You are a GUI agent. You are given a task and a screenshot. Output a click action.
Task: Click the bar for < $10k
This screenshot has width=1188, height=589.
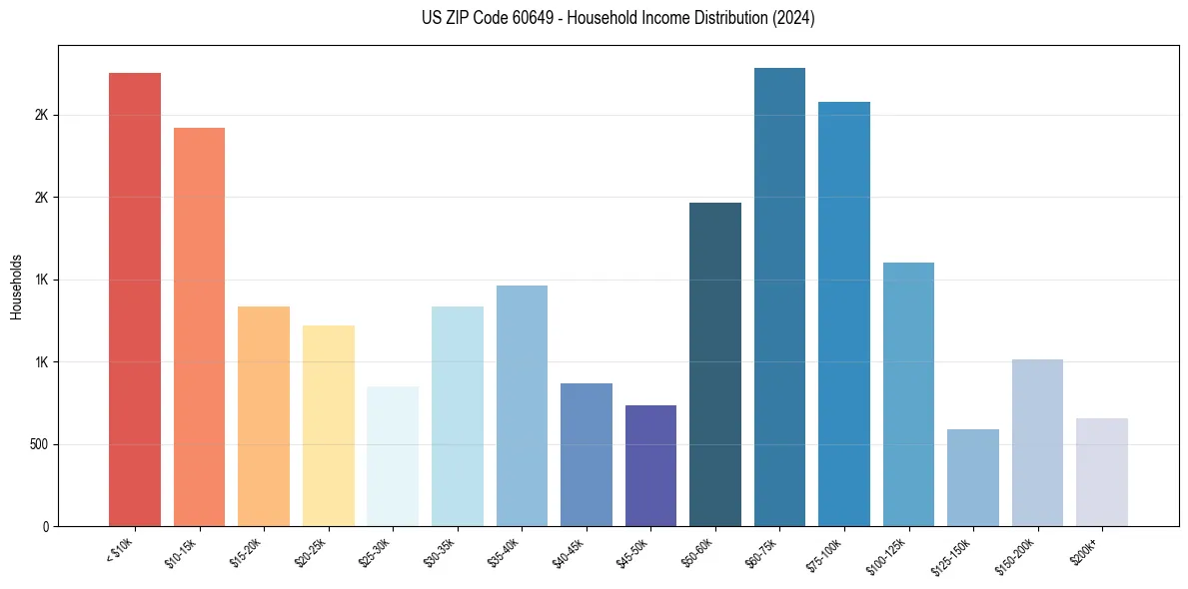pos(135,299)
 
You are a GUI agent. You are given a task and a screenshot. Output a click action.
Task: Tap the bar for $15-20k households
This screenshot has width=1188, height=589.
pos(264,416)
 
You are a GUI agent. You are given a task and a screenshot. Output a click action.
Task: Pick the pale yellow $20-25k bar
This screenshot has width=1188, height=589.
pos(329,425)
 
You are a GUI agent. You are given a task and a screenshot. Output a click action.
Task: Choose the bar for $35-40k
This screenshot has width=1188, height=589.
pos(522,405)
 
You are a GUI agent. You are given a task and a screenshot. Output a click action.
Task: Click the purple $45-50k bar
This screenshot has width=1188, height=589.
pos(650,465)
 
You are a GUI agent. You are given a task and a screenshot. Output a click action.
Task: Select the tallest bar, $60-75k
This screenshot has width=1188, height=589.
pos(779,296)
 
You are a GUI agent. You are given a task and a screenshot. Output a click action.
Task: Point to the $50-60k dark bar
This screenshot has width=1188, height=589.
pos(715,364)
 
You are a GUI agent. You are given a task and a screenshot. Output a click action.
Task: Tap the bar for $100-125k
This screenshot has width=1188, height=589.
pos(908,394)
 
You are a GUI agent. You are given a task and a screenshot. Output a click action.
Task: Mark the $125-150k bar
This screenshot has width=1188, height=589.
pos(973,477)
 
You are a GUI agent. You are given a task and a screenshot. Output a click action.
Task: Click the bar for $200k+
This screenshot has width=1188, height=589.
pos(1102,472)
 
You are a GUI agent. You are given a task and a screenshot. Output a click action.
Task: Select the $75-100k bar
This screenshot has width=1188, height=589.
pos(844,313)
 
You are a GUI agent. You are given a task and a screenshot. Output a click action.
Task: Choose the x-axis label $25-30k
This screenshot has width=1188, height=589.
pos(375,551)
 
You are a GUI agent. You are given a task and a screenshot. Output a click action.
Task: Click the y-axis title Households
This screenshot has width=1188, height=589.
pos(17,287)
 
